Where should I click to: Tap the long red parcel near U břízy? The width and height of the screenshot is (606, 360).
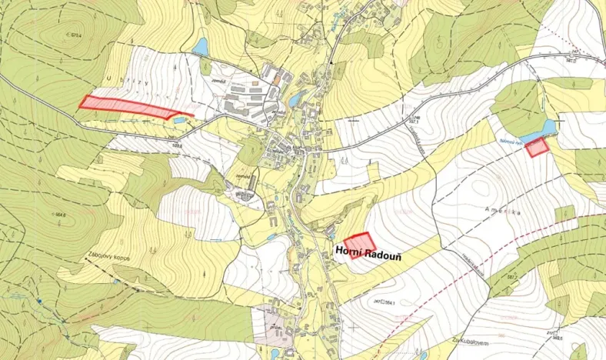[128, 106]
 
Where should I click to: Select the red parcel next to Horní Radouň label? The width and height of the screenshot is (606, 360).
[359, 245]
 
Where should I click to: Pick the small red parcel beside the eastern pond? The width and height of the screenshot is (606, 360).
[538, 147]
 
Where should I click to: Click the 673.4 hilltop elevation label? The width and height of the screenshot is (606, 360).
[75, 35]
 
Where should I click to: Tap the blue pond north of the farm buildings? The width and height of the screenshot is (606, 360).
[201, 48]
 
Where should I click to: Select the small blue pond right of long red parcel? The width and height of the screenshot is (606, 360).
[179, 119]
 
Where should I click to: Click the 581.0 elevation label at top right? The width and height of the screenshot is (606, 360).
[572, 59]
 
